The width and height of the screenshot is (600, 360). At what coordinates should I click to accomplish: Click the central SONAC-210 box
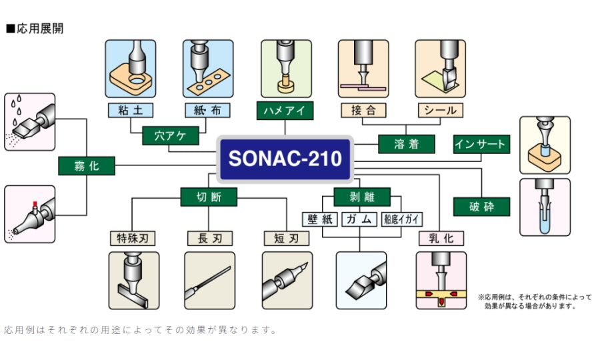tap(285, 159)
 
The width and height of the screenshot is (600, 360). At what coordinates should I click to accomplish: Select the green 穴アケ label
tap(171, 136)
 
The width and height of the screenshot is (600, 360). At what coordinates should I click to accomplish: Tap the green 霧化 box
tap(86, 166)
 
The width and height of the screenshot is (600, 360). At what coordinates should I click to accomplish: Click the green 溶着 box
tap(406, 144)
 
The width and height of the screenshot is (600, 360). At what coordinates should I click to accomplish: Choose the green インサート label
tap(481, 144)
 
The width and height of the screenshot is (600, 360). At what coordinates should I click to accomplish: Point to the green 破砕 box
tap(481, 207)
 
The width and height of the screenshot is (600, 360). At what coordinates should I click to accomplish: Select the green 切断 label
tap(208, 197)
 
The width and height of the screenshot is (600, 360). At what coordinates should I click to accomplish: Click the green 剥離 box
tap(361, 197)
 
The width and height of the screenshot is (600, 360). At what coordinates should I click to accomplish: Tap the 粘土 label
tap(130, 109)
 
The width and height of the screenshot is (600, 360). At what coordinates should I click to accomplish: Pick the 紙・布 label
tap(208, 109)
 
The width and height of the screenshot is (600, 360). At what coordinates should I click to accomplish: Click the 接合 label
tap(363, 109)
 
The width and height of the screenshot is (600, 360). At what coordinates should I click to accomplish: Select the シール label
tap(440, 109)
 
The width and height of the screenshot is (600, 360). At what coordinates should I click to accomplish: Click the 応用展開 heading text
tap(39, 29)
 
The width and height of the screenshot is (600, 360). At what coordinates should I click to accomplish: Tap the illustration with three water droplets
tap(29, 121)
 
